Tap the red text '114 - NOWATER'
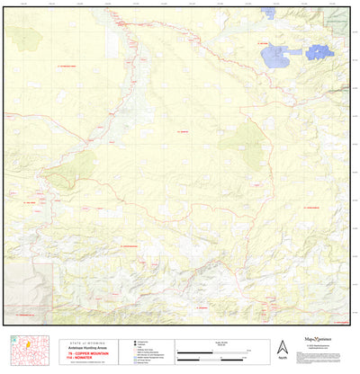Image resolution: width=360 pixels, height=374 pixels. click(82, 359)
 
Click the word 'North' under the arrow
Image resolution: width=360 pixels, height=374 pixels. click(282, 359)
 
